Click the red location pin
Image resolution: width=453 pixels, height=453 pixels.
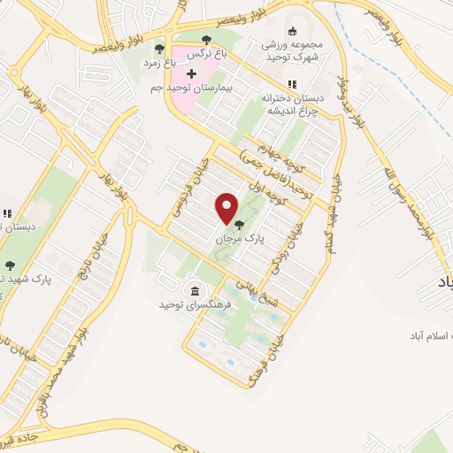[x=227, y=209]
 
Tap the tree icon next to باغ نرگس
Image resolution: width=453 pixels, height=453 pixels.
[x=206, y=39]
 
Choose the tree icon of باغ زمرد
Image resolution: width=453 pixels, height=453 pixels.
[x=160, y=49]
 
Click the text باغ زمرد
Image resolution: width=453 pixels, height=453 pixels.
[x=160, y=64]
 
